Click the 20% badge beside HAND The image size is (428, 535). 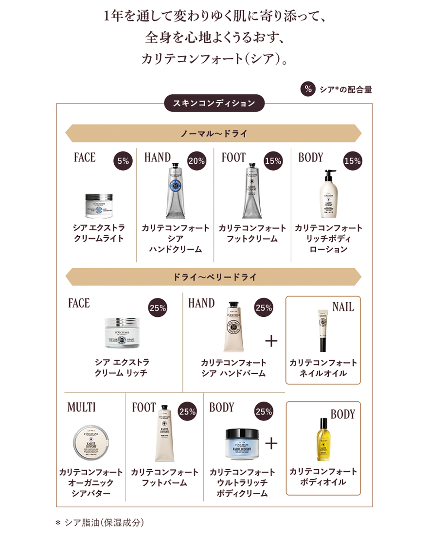[196, 162]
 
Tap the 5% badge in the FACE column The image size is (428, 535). [123, 162]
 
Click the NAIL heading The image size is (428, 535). [343, 307]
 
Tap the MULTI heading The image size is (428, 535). [82, 407]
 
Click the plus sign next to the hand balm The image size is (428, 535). [271, 341]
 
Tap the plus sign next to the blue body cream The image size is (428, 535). [271, 443]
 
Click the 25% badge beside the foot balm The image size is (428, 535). [187, 412]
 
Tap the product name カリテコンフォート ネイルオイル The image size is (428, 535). [323, 368]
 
